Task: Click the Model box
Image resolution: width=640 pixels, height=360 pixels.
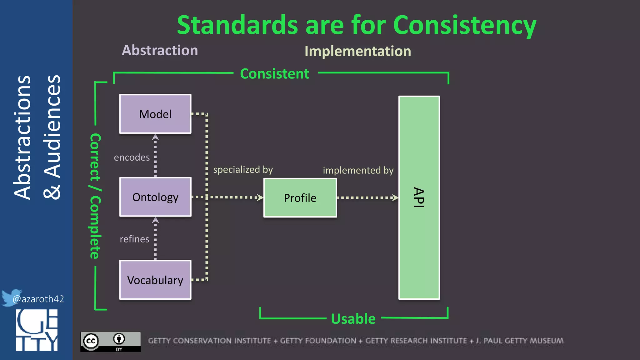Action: pyautogui.click(x=155, y=114)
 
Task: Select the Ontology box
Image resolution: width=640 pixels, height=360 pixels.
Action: pyautogui.click(x=155, y=197)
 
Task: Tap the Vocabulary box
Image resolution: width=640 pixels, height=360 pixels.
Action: pyautogui.click(x=155, y=280)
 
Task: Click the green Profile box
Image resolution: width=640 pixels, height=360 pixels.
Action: pyautogui.click(x=300, y=198)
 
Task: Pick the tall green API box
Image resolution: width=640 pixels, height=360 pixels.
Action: pyautogui.click(x=419, y=197)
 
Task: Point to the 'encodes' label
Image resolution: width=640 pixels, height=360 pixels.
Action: pyautogui.click(x=132, y=157)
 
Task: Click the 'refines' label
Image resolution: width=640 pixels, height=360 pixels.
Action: pyautogui.click(x=134, y=239)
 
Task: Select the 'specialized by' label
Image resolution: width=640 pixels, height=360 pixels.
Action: pyautogui.click(x=243, y=170)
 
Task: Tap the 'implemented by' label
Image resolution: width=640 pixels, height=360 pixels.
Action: pyautogui.click(x=358, y=170)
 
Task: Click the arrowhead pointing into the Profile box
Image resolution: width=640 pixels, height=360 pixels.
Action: pyautogui.click(x=260, y=197)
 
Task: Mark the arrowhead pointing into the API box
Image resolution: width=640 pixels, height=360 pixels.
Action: pyautogui.click(x=395, y=197)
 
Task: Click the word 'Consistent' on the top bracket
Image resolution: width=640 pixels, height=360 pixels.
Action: pyautogui.click(x=274, y=74)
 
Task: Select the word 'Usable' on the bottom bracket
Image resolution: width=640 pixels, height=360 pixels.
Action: pyautogui.click(x=353, y=319)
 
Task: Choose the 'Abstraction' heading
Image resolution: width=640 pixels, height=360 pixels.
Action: pyautogui.click(x=160, y=50)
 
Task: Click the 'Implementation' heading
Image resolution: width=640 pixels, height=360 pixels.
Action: pyautogui.click(x=358, y=51)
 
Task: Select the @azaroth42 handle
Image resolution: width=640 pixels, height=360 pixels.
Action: pyautogui.click(x=38, y=299)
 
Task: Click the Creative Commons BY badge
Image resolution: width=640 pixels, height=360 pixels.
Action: pyautogui.click(x=110, y=341)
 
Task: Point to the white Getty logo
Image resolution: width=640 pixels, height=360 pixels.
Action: pyautogui.click(x=37, y=330)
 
